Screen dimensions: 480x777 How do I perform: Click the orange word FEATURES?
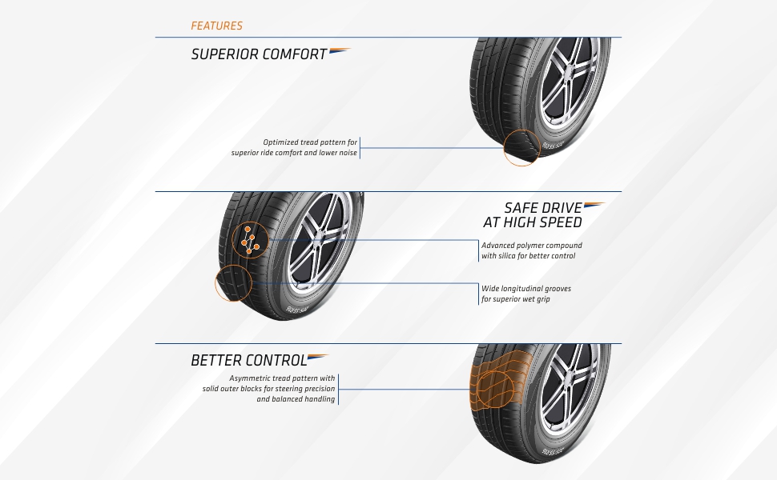(x=216, y=26)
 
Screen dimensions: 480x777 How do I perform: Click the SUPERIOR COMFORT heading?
(x=259, y=54)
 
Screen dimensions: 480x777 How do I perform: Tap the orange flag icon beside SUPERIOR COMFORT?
(x=340, y=51)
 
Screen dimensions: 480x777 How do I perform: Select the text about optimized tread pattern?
(x=295, y=148)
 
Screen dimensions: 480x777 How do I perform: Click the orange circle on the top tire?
(x=521, y=148)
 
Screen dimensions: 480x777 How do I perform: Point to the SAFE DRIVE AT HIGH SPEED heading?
(x=533, y=215)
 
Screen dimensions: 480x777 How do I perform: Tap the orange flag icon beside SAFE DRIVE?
(x=594, y=206)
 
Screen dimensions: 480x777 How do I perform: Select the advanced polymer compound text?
(x=532, y=250)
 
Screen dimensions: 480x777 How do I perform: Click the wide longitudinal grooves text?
(x=526, y=294)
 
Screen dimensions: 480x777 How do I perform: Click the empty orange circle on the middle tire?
(x=233, y=284)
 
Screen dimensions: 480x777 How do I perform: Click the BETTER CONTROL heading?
(x=248, y=361)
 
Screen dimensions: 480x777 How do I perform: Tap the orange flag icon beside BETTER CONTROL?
(x=318, y=358)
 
